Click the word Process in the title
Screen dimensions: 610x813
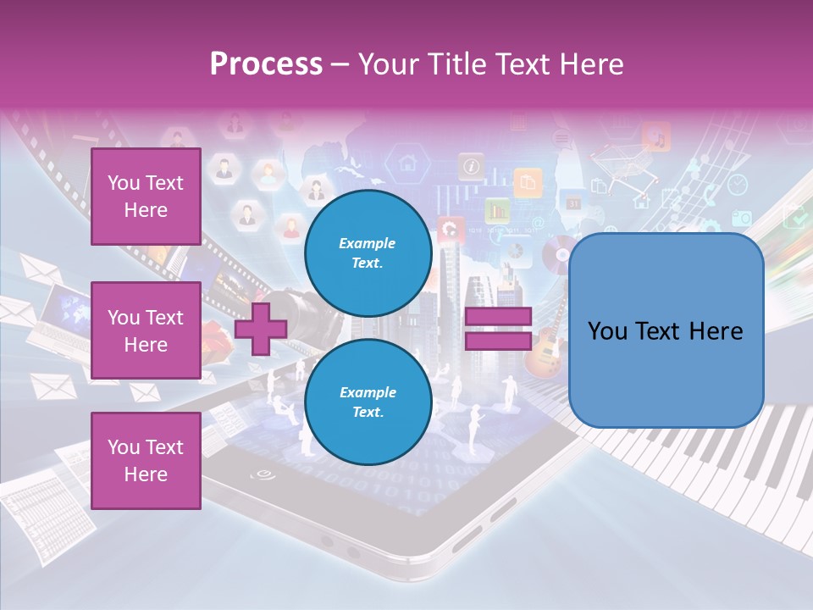click(266, 64)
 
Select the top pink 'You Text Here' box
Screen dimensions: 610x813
click(146, 197)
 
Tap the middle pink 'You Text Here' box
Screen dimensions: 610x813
click(146, 330)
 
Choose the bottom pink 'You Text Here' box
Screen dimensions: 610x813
click(146, 461)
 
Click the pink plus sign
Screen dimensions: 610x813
click(260, 329)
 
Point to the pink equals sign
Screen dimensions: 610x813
click(498, 329)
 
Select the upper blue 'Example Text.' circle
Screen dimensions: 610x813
click(368, 252)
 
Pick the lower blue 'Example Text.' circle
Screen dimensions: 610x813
click(368, 402)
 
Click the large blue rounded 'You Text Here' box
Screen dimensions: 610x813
click(666, 330)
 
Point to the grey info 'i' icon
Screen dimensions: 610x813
click(470, 165)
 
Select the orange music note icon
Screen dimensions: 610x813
click(656, 136)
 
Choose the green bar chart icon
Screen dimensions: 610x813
click(496, 209)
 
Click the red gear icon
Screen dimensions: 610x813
click(450, 227)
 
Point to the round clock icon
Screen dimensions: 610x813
click(738, 184)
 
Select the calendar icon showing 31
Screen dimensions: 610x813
click(573, 203)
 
